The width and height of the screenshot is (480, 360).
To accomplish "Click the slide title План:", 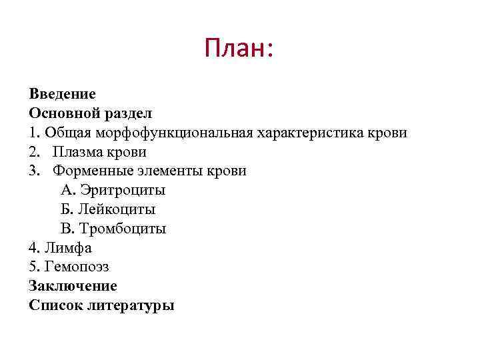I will coord(239,48).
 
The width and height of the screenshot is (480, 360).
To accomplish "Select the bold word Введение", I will coord(63,94).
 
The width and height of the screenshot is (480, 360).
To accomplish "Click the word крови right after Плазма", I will coord(125,152).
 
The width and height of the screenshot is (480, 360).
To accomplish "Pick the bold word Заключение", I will coord(73,287).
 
